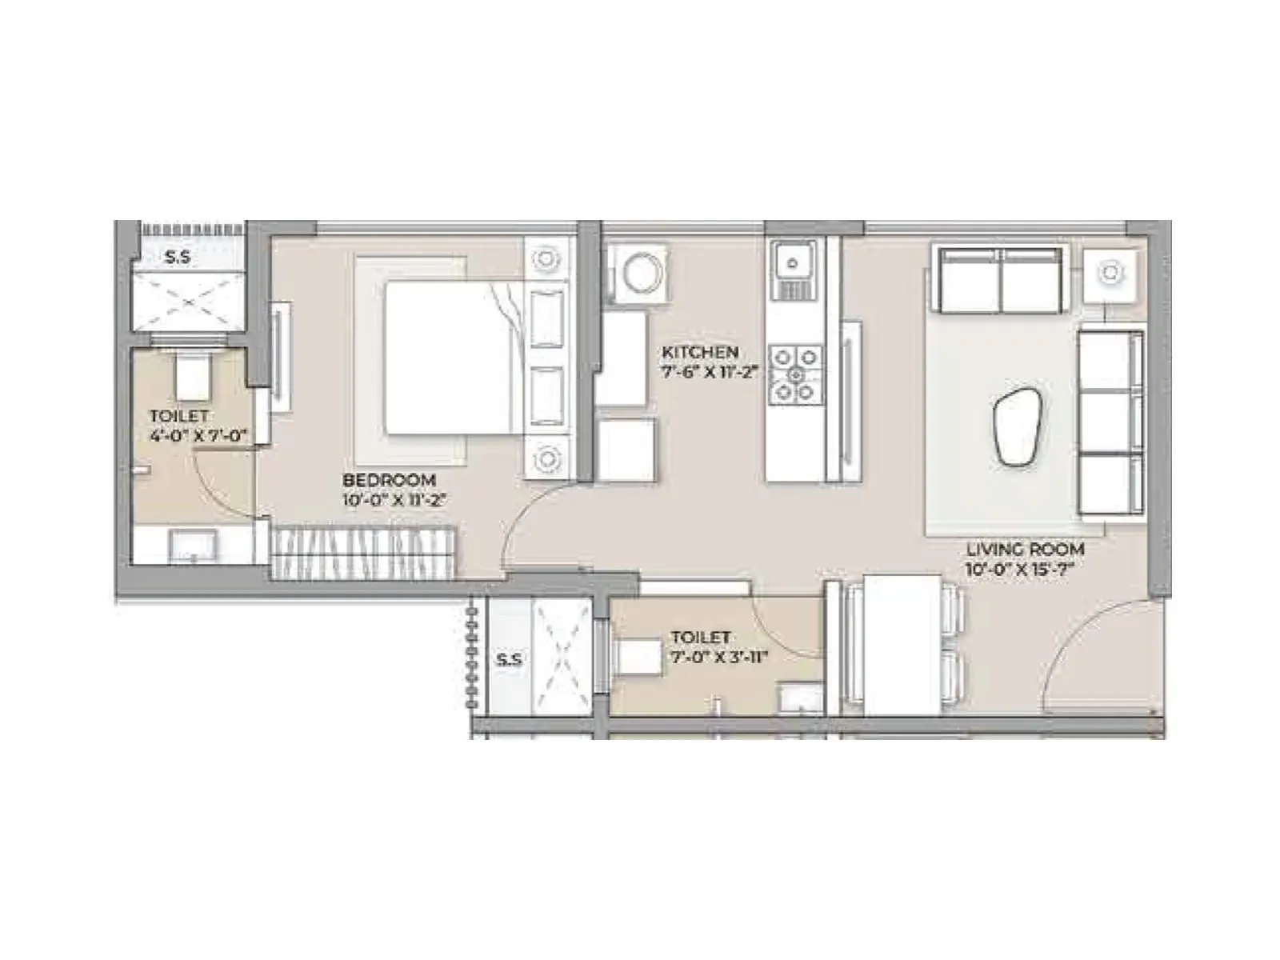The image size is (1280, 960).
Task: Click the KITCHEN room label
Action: click(x=699, y=352)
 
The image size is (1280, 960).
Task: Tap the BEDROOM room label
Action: click(x=389, y=480)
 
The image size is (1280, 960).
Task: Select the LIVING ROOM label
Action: click(x=1025, y=550)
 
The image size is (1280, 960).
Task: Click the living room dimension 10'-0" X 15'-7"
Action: click(x=1018, y=570)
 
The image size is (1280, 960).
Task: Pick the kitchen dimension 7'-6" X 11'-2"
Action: click(x=709, y=372)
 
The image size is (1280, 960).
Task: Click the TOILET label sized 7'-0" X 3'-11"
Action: click(x=700, y=638)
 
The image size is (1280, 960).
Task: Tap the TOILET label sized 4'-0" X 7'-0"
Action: click(x=178, y=416)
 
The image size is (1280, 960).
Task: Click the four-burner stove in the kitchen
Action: click(x=796, y=373)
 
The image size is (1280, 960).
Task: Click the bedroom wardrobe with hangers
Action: click(x=364, y=552)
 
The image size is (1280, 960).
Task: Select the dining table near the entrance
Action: click(x=902, y=644)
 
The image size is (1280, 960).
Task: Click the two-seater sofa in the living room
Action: click(x=1001, y=280)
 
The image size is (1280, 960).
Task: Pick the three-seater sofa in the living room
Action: click(x=1110, y=422)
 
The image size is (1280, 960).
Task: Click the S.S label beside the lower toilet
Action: click(x=509, y=660)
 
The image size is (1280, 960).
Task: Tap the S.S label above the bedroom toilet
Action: click(x=178, y=258)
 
